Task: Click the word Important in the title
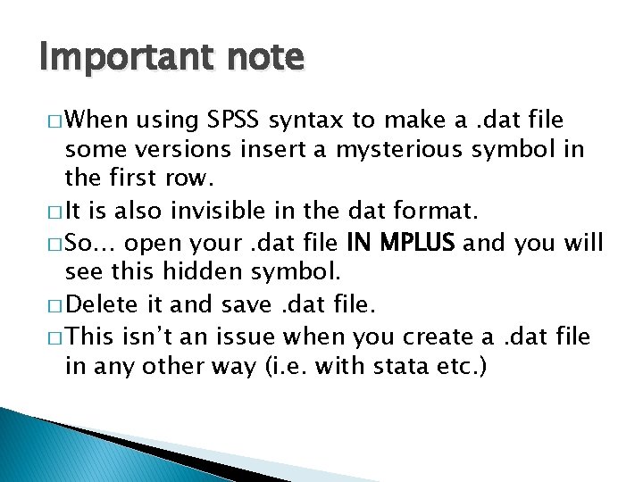[x=116, y=58]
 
